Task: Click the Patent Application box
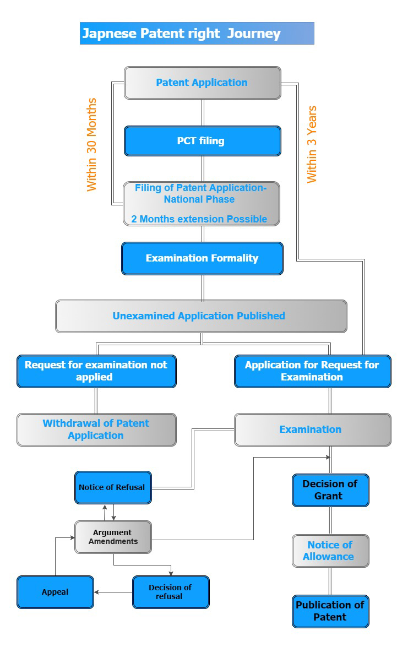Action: pyautogui.click(x=202, y=83)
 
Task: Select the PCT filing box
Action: pyautogui.click(x=202, y=141)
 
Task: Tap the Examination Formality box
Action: pyautogui.click(x=202, y=258)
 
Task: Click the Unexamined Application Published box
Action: pyautogui.click(x=201, y=316)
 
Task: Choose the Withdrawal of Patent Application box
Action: pyautogui.click(x=96, y=429)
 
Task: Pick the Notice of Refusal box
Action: pyautogui.click(x=113, y=487)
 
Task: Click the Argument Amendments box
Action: pyautogui.click(x=113, y=537)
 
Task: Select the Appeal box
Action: pyautogui.click(x=56, y=592)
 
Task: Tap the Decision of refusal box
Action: pyautogui.click(x=171, y=592)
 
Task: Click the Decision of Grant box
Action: pyautogui.click(x=330, y=490)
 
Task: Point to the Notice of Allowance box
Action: pyautogui.click(x=330, y=551)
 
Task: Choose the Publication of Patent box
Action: pyautogui.click(x=330, y=611)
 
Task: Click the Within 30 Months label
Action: pyautogui.click(x=91, y=145)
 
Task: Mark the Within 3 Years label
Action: pyautogui.click(x=312, y=144)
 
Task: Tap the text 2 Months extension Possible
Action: pyautogui.click(x=199, y=219)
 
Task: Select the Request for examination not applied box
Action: pyautogui.click(x=96, y=371)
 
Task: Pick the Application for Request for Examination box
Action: pyautogui.click(x=312, y=371)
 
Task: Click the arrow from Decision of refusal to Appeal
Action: pyautogui.click(x=113, y=592)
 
